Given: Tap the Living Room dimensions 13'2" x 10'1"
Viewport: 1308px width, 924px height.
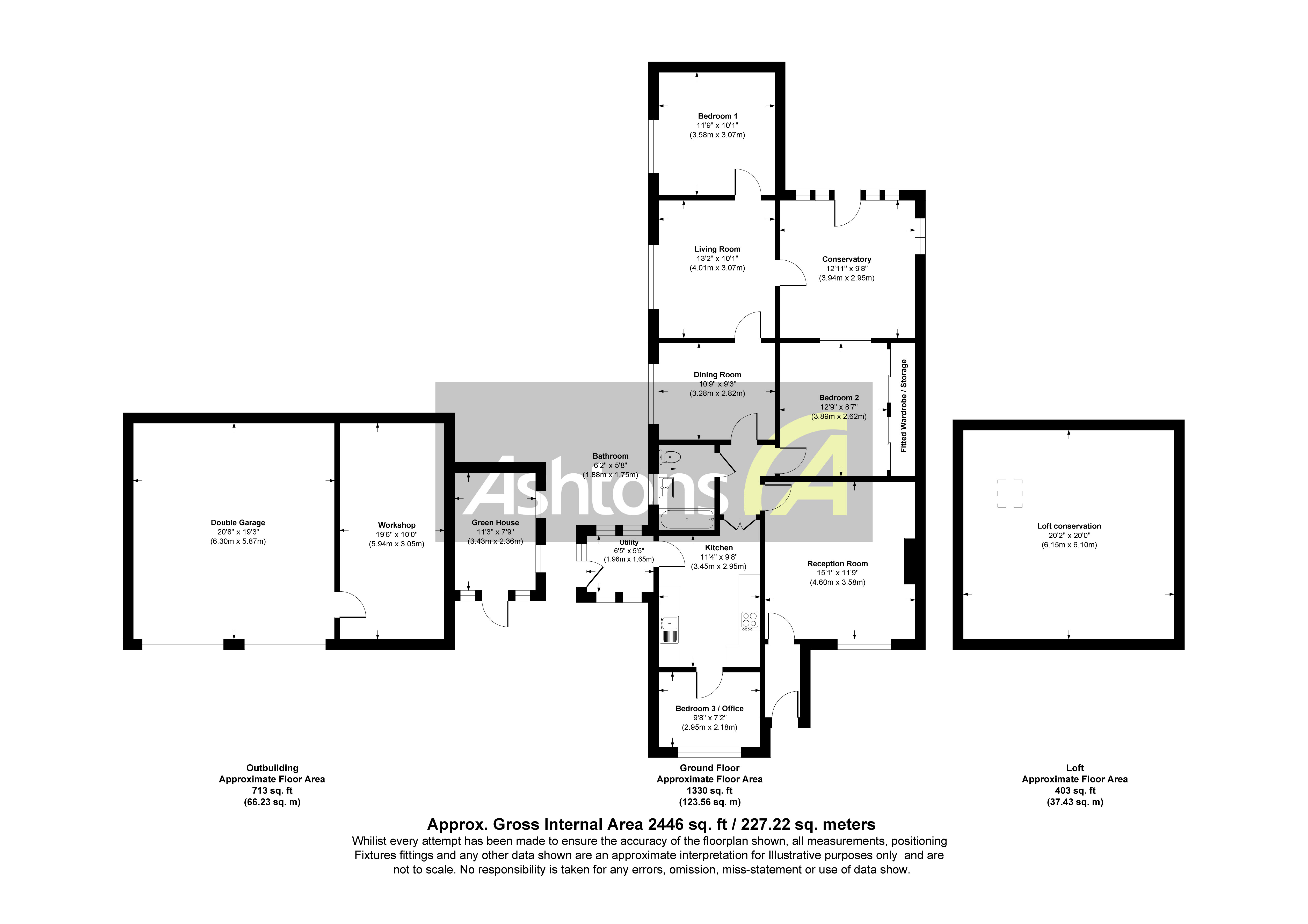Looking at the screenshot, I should click(x=717, y=259).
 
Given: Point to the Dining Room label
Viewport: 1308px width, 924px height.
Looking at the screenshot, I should click(x=717, y=375).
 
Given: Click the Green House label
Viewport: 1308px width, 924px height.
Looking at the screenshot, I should click(x=495, y=522).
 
